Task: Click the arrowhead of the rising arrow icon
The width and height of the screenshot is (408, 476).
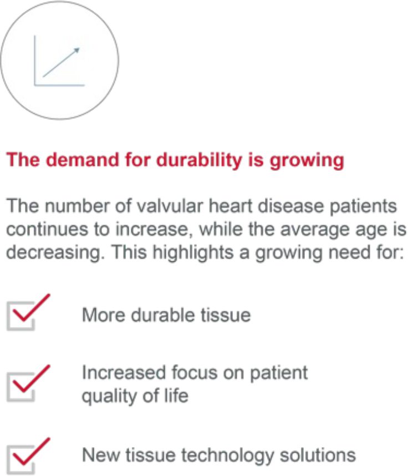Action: (77, 50)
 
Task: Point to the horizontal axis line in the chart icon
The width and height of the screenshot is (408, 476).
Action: (60, 85)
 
